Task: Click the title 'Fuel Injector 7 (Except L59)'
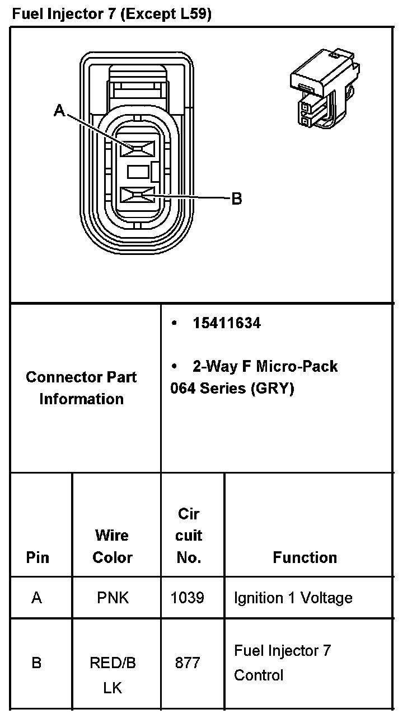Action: [111, 15]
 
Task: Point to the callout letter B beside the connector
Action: [237, 198]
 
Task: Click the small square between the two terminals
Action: [138, 172]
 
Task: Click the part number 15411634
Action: [226, 323]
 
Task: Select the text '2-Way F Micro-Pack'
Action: [265, 366]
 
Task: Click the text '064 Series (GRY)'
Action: [232, 388]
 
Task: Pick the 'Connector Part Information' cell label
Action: [82, 387]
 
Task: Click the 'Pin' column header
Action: [38, 557]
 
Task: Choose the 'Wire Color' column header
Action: [112, 546]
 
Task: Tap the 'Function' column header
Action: [305, 557]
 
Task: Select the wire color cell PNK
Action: [113, 598]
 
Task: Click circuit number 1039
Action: [187, 598]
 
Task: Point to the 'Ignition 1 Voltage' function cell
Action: [293, 598]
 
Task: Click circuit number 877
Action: [187, 663]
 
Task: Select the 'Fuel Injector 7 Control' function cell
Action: [282, 663]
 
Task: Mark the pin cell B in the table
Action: [36, 663]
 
